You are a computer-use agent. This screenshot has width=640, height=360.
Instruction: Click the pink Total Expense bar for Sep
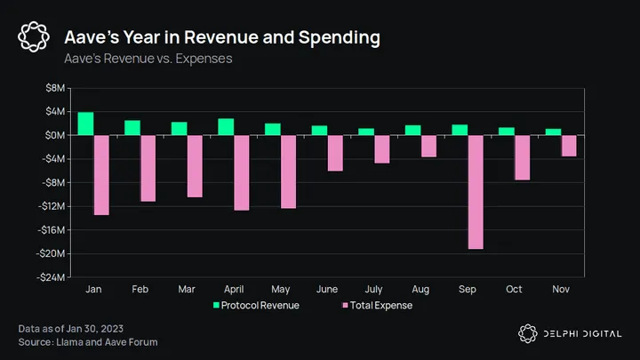(476, 192)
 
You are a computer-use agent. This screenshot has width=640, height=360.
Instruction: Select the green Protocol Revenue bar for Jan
(85, 124)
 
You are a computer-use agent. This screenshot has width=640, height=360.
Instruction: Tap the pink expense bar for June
(335, 153)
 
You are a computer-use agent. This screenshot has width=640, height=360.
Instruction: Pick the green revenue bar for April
(226, 127)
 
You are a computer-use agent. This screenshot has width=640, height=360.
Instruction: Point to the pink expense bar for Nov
(569, 146)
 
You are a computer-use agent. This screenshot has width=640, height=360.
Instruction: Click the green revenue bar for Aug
(412, 130)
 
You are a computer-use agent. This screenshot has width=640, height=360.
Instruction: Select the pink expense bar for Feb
(148, 168)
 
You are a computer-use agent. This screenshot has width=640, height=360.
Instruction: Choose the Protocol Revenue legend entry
(256, 306)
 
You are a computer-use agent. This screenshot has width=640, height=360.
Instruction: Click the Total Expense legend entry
(378, 306)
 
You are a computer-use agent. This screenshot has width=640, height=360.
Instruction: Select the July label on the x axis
(374, 290)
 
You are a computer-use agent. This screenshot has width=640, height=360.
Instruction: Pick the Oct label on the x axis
(515, 290)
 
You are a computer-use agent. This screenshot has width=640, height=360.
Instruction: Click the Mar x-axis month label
(187, 290)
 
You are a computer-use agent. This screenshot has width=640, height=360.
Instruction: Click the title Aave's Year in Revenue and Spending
(222, 38)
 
